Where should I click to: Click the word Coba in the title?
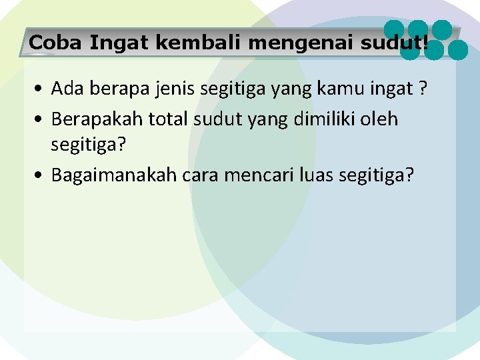tap(56, 43)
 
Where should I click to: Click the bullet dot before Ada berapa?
tap(41, 89)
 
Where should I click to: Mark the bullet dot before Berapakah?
tap(41, 120)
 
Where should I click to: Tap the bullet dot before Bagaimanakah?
tap(41, 176)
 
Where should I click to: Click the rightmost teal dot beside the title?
tap(458, 49)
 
